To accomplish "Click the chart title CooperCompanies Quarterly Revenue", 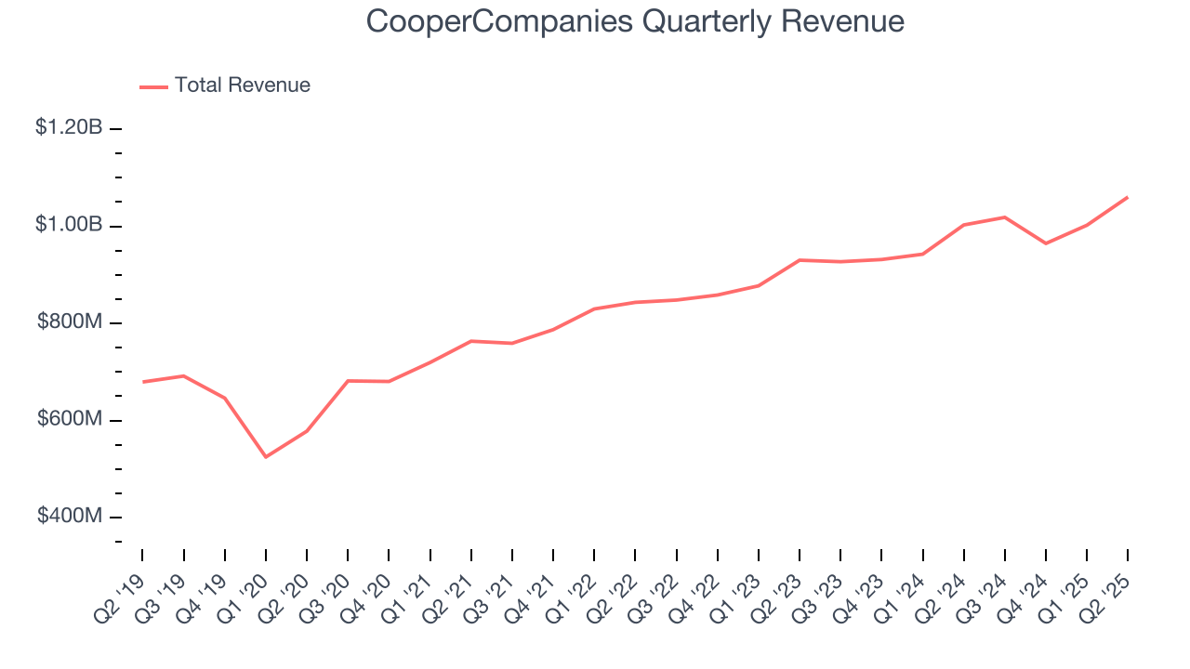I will [x=635, y=21].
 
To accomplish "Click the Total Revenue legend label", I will [x=242, y=85].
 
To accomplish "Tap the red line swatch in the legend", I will [x=153, y=86].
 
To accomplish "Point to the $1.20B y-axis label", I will [x=69, y=128].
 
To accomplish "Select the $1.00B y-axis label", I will [x=69, y=226].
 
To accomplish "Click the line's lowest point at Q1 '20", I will [x=266, y=457].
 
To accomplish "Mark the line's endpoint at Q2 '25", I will [x=1128, y=197].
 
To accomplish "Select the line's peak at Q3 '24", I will [x=1005, y=217].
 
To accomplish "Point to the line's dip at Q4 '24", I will [x=1046, y=243].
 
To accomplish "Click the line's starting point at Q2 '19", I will [x=143, y=382].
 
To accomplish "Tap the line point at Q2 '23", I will [x=800, y=260].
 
